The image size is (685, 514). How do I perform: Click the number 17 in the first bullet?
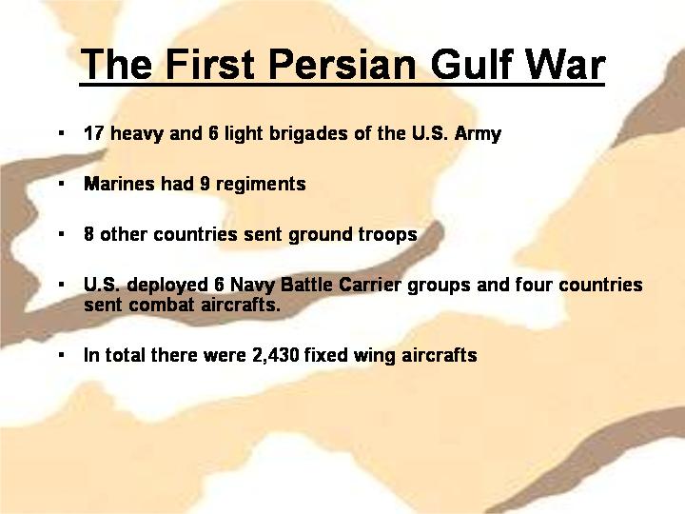point(93,133)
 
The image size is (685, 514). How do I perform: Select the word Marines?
point(119,184)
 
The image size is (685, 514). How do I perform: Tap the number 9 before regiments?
point(205,184)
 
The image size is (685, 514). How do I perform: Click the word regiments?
point(261,185)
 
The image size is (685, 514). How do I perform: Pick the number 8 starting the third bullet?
point(88,234)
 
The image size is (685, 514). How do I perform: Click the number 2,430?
point(276,355)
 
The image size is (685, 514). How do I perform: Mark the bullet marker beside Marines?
point(62,184)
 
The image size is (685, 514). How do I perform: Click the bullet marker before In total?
point(62,355)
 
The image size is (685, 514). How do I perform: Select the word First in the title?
point(209,65)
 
